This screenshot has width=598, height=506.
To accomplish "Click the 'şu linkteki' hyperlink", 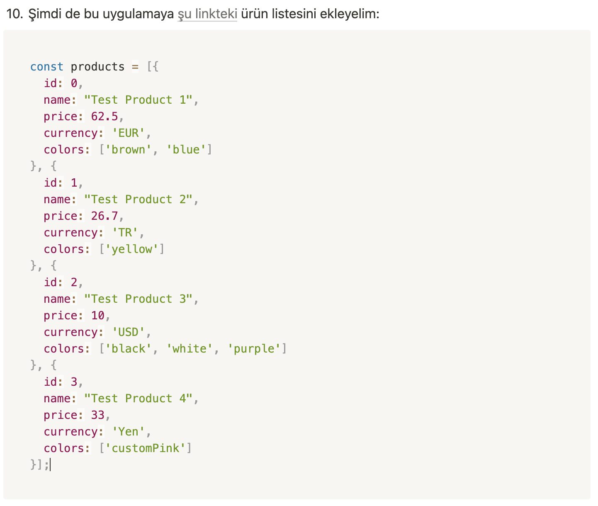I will pos(207,14).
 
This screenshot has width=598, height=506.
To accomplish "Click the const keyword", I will pos(47,67).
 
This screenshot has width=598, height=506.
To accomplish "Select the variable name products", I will pos(97,67).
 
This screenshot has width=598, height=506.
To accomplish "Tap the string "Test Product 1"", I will pos(138,100).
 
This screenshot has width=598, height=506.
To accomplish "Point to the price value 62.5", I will pos(105,117).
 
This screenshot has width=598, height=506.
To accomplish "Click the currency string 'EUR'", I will pos(128,133).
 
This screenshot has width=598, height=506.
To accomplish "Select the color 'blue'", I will pos(186,150).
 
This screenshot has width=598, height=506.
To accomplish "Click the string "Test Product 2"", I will pos(138,199).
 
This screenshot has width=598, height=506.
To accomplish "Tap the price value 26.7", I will pos(105,216).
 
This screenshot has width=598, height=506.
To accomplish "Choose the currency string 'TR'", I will pos(125,233).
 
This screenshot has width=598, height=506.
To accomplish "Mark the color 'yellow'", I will pos(131,249).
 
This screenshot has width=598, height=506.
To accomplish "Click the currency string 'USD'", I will pos(128,332).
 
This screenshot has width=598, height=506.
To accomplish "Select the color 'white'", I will pos(189,349).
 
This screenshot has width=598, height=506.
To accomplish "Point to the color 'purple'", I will pos(254,349).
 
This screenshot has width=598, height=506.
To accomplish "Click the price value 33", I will pos(98,415).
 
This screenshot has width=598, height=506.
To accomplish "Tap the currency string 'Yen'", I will pos(128,432).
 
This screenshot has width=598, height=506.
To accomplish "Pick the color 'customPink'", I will pos(145,448).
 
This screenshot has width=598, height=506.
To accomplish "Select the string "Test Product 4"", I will pos(138,399).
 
